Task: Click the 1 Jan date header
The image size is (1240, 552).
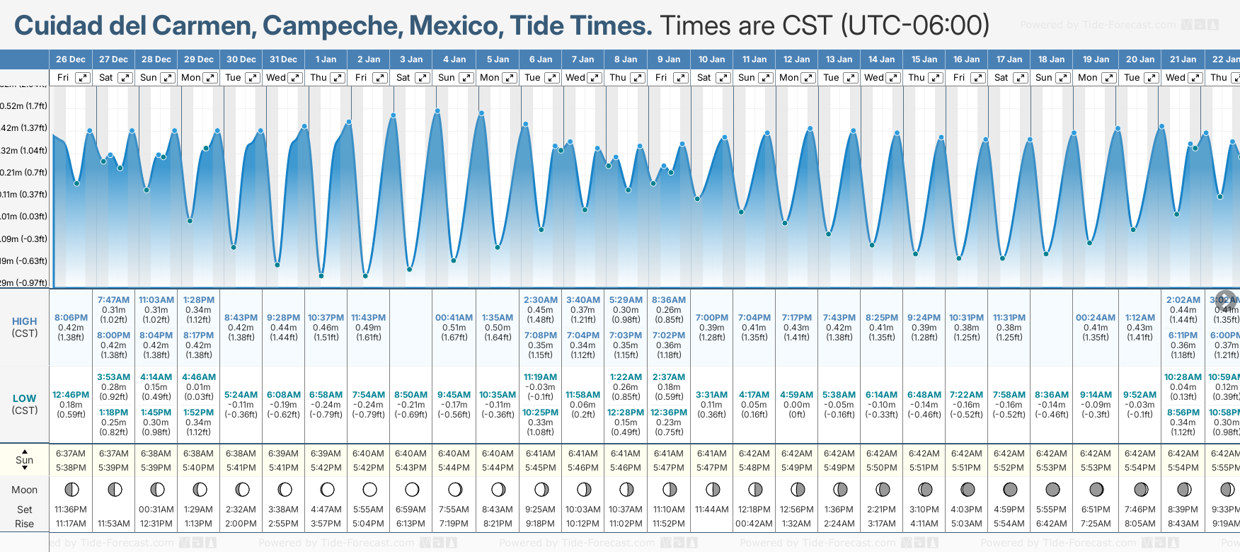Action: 326,59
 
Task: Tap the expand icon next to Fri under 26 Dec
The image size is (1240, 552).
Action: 83,78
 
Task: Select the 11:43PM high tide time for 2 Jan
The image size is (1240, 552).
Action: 368,318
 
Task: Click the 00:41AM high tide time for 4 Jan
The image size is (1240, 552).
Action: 454,318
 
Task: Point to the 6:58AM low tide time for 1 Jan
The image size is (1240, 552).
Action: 326,395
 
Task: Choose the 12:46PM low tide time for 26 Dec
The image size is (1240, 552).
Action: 71,395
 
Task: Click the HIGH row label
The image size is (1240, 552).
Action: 24,321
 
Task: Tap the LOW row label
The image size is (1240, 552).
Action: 24,398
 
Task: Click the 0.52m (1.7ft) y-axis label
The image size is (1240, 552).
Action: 24,106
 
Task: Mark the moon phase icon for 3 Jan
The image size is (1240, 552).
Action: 412,489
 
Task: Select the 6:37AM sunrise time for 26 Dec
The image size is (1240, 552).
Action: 71,454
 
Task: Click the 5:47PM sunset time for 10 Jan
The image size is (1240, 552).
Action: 712,468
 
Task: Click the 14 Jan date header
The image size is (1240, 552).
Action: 882,59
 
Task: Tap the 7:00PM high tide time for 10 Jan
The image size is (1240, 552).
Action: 712,318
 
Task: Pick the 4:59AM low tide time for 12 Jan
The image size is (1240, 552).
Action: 797,395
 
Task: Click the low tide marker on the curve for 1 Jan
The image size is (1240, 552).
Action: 321,275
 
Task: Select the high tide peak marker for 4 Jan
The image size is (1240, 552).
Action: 438,111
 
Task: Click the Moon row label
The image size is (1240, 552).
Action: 24,490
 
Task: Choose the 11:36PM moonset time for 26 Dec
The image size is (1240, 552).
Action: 71,510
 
